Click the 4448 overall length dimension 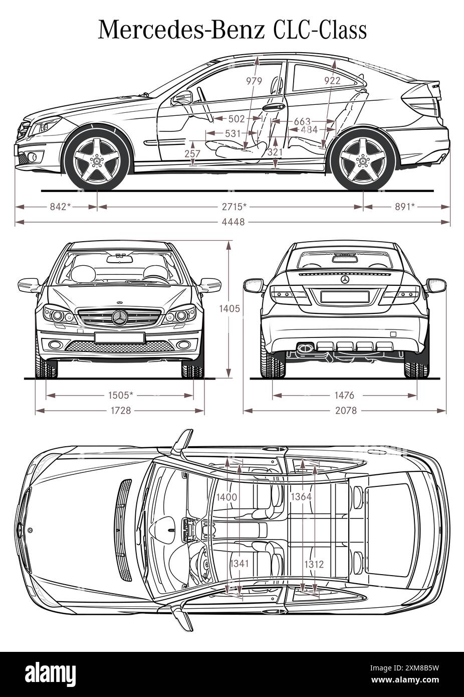232,222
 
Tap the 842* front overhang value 59,206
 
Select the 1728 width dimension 120,411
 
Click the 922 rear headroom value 332,80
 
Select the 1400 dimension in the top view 226,497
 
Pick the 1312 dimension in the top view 314,564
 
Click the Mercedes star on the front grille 120,318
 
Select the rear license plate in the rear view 344,296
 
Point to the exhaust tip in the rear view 304,346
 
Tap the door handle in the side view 271,107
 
